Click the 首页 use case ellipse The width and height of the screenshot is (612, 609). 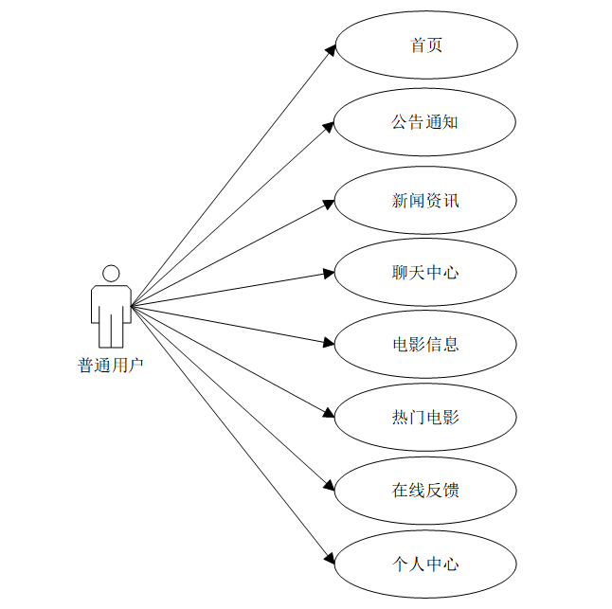coord(426,45)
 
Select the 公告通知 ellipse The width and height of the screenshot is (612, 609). coord(426,122)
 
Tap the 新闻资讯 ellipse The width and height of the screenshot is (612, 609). coord(426,200)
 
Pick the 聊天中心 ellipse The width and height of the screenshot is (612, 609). coord(426,273)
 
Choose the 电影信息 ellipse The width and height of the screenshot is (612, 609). coord(426,344)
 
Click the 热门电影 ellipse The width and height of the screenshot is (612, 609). coord(426,417)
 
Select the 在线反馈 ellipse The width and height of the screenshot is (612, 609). coord(426,490)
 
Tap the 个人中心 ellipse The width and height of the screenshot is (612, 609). coord(426,564)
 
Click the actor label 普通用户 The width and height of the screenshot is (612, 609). coord(111,365)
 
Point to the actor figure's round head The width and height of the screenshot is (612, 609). coord(111,273)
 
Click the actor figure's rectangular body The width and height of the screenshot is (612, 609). coord(111,303)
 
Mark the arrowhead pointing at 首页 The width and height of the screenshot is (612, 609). coord(330,50)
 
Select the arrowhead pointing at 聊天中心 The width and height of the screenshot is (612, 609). coord(329,273)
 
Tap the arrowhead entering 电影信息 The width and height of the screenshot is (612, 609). coord(329,343)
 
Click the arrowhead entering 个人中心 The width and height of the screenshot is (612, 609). coord(331,558)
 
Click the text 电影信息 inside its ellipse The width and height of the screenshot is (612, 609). coord(426,344)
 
